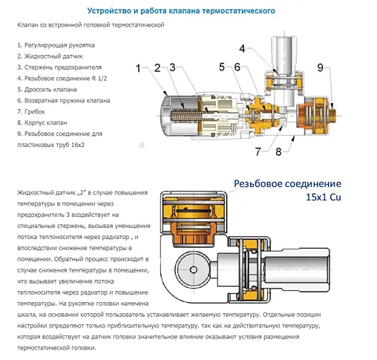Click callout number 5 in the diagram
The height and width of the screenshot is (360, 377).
(221, 68)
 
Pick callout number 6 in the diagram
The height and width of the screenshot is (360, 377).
(237, 68)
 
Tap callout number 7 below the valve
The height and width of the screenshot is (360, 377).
(258, 152)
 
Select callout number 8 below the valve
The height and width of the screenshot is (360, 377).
(278, 152)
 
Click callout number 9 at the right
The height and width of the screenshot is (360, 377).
(321, 68)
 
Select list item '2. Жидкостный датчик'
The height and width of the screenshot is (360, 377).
(49, 56)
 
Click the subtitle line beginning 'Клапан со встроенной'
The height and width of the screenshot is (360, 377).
(90, 25)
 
